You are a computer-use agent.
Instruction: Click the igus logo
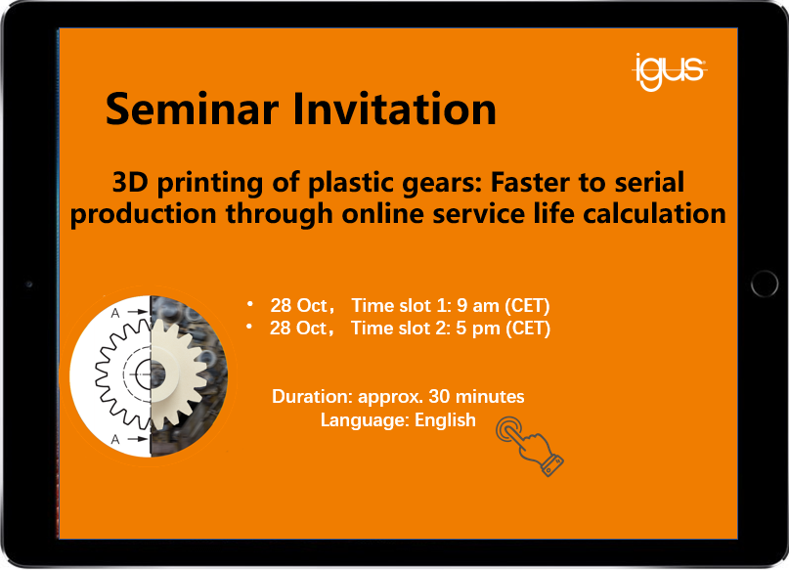pyautogui.click(x=670, y=72)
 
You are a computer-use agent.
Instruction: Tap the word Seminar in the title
pyautogui.click(x=193, y=110)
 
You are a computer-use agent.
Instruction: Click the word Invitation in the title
pyautogui.click(x=395, y=110)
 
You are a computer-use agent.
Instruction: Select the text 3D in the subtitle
pyautogui.click(x=130, y=182)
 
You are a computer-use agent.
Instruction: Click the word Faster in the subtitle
pyautogui.click(x=530, y=182)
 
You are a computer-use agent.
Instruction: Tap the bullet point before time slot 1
pyautogui.click(x=249, y=303)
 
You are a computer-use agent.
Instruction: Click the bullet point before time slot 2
pyautogui.click(x=249, y=326)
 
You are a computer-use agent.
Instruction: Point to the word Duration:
pyautogui.click(x=312, y=396)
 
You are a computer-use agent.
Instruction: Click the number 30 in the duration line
pyautogui.click(x=439, y=396)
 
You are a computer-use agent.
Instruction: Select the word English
pyautogui.click(x=445, y=420)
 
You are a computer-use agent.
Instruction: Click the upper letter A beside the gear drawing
pyautogui.click(x=115, y=313)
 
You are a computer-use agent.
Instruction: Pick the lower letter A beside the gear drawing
pyautogui.click(x=115, y=439)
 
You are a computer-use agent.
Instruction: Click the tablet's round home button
pyautogui.click(x=765, y=285)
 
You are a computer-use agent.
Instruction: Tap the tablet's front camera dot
pyautogui.click(x=29, y=285)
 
